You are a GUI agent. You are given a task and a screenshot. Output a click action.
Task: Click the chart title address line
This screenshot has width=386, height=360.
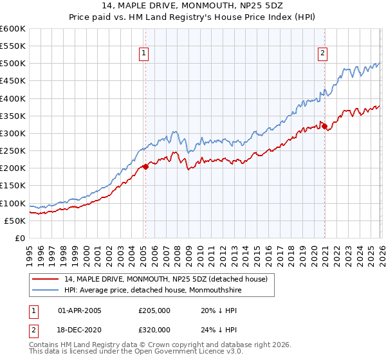(192, 5)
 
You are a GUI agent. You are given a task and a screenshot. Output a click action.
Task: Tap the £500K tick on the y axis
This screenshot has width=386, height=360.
(13, 64)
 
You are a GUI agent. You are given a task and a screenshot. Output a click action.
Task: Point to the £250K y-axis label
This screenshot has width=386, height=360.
(13, 151)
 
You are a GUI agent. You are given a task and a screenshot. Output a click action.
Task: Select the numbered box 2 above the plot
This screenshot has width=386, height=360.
(322, 54)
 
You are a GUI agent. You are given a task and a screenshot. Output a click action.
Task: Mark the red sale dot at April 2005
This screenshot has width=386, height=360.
(145, 166)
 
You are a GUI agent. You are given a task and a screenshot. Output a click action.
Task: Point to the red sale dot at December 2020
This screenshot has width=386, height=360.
(324, 126)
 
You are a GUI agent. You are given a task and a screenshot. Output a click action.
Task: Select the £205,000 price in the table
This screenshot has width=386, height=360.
(153, 310)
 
